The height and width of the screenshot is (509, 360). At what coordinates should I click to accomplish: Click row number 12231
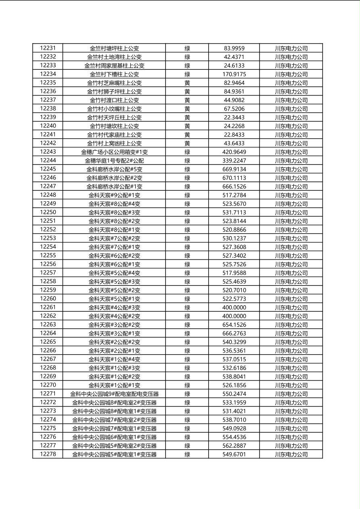click(x=48, y=48)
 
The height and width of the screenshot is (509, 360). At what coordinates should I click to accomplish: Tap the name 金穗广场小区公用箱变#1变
click(x=114, y=152)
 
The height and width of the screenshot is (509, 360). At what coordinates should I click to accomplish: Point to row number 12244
click(x=48, y=161)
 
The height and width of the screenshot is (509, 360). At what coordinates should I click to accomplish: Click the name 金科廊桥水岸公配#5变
click(x=114, y=169)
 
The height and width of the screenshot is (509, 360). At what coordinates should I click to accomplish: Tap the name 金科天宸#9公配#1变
click(x=114, y=195)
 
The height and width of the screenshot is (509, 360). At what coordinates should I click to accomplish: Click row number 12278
click(x=48, y=454)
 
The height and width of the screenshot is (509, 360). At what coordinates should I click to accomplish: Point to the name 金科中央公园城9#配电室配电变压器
click(x=114, y=394)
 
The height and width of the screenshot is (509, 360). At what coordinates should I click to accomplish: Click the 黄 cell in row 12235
click(x=187, y=83)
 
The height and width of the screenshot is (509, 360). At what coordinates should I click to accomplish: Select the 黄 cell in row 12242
click(x=187, y=143)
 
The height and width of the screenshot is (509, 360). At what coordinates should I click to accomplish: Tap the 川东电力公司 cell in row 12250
click(x=291, y=213)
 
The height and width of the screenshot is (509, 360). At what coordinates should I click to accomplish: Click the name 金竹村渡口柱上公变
click(x=114, y=100)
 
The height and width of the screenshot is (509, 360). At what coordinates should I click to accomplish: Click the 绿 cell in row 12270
click(x=187, y=385)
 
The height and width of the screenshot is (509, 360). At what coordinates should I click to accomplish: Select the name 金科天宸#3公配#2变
click(x=114, y=325)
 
